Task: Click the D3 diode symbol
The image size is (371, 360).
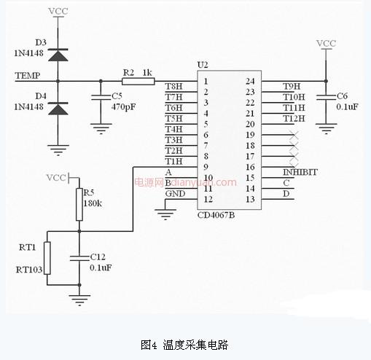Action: click(58, 55)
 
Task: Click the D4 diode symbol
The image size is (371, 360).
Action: click(58, 109)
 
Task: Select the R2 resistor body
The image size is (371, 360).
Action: click(138, 81)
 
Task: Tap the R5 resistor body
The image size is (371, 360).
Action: click(79, 204)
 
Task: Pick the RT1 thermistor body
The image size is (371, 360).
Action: click(47, 258)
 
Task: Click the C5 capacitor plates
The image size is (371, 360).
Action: click(101, 98)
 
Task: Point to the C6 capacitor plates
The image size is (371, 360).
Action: click(326, 98)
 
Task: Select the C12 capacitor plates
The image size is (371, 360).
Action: click(79, 258)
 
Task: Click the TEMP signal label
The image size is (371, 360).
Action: click(28, 76)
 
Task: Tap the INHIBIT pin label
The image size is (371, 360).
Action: click(300, 172)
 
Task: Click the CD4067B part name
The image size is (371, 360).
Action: click(216, 215)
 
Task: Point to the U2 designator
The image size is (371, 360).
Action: click(203, 65)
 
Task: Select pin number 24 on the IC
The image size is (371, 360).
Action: click(250, 81)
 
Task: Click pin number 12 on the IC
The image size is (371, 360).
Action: click(208, 199)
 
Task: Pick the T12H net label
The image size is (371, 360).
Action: click(294, 119)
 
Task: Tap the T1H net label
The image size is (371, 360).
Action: click(173, 161)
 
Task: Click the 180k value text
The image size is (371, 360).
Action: click(93, 203)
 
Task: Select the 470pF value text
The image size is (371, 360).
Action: click(123, 107)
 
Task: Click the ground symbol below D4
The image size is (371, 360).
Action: click(58, 150)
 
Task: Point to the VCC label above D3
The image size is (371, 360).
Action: click(58, 11)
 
